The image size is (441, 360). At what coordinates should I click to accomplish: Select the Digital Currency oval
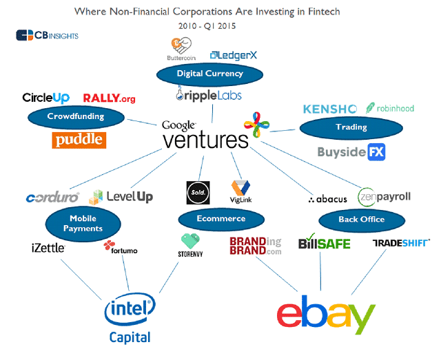coord(200,74)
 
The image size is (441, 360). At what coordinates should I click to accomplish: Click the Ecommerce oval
coord(220,219)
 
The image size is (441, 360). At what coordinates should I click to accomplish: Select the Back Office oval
coord(362,220)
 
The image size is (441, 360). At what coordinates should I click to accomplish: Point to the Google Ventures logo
coord(205,135)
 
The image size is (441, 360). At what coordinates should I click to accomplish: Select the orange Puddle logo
coord(79,140)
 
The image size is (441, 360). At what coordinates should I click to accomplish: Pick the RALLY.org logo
coord(109,98)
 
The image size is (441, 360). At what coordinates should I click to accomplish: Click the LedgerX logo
coord(234,54)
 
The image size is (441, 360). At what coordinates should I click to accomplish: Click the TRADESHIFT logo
coord(401,242)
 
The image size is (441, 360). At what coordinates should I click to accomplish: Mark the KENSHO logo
coord(329,109)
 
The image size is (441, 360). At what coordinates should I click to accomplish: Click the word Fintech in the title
coord(322,12)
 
